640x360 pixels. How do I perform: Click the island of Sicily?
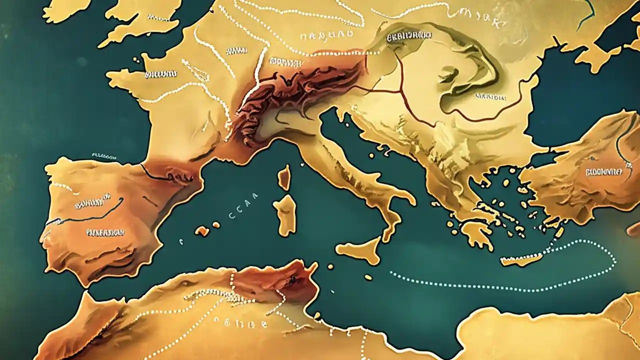[361, 249]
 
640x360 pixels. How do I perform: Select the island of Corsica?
[284, 177]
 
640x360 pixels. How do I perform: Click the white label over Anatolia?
[603, 171]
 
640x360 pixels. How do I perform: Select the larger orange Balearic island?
[202, 230]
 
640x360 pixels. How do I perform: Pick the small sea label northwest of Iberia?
[104, 156]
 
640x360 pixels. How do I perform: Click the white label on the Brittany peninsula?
[160, 74]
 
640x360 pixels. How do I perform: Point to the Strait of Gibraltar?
[80, 292]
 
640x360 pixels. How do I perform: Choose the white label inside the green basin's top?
[409, 36]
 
